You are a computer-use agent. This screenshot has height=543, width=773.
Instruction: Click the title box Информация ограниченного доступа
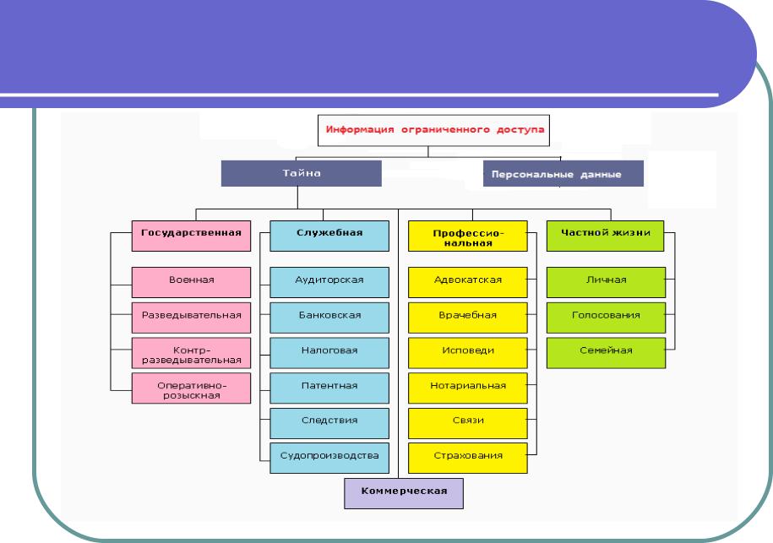pyautogui.click(x=434, y=131)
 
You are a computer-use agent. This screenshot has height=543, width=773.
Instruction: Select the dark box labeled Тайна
pyautogui.click(x=302, y=173)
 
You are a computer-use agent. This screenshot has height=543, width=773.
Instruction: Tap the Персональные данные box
pyautogui.click(x=563, y=173)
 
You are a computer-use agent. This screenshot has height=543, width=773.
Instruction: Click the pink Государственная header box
pyautogui.click(x=191, y=236)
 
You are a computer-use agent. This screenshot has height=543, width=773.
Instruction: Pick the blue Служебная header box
pyautogui.click(x=329, y=236)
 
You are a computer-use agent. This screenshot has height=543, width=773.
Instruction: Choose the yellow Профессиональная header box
pyautogui.click(x=468, y=236)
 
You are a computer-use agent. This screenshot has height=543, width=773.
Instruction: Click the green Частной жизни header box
pyautogui.click(x=606, y=236)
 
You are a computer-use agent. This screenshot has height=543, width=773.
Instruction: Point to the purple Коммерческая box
pyautogui.click(x=404, y=493)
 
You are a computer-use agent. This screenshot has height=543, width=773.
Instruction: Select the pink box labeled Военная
pyautogui.click(x=191, y=282)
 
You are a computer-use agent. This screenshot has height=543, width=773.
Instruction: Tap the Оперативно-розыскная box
pyautogui.click(x=191, y=388)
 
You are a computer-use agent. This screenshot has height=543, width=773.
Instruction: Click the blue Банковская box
pyautogui.click(x=329, y=318)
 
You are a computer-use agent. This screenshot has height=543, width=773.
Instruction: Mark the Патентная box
pyautogui.click(x=329, y=388)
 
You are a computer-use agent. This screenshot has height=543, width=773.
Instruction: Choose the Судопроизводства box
pyautogui.click(x=329, y=459)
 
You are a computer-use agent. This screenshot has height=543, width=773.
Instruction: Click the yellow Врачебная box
pyautogui.click(x=468, y=318)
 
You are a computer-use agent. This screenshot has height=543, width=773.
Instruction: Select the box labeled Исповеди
pyautogui.click(x=468, y=353)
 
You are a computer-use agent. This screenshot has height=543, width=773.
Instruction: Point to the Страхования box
pyautogui.click(x=468, y=459)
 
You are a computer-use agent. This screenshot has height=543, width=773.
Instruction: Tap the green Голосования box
pyautogui.click(x=606, y=318)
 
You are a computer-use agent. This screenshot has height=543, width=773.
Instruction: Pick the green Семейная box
pyautogui.click(x=606, y=353)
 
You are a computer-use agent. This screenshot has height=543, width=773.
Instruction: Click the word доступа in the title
pyautogui.click(x=520, y=129)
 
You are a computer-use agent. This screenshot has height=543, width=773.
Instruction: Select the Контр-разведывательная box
pyautogui.click(x=191, y=353)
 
